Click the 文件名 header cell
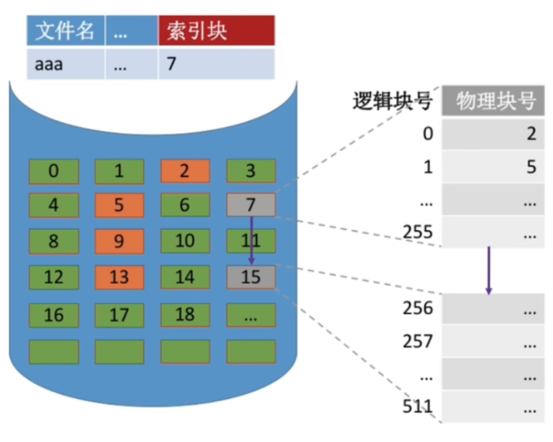[65, 31]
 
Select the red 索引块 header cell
[216, 31]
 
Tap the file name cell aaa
[65, 63]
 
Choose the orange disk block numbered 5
[119, 205]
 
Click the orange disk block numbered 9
[119, 241]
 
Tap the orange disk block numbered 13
[119, 276]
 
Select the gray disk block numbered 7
[251, 205]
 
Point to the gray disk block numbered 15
[251, 276]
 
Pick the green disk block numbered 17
[119, 315]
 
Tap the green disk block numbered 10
[184, 241]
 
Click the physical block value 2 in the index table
[531, 134]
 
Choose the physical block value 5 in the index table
[531, 167]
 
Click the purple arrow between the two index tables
[489, 271]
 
